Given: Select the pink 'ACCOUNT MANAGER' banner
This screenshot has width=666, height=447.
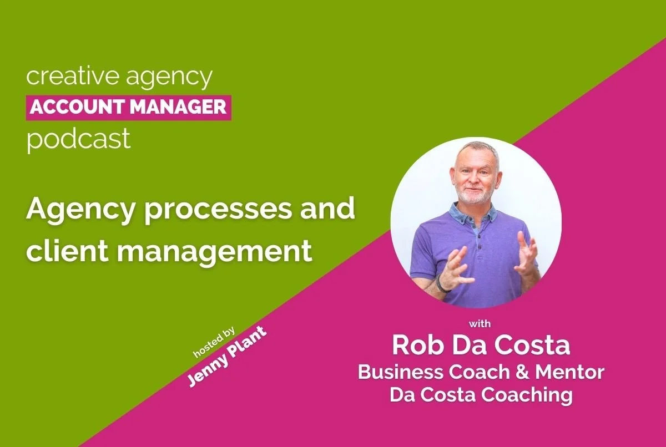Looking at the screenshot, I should (128, 107).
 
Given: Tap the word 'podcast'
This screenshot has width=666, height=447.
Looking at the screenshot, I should (78, 139).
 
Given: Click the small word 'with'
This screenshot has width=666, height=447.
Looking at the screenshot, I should (480, 323).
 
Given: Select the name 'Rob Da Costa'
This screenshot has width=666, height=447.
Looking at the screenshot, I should (481, 346).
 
